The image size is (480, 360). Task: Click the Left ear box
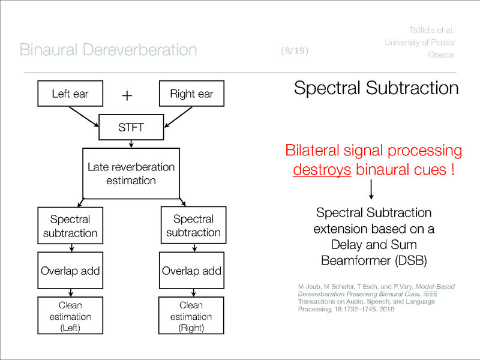(x=70, y=94)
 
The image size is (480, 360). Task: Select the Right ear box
(x=191, y=94)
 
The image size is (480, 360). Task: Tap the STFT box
(x=131, y=128)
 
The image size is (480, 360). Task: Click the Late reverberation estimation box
(x=131, y=173)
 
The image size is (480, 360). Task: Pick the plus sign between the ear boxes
(x=127, y=95)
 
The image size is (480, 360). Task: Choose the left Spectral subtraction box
(x=70, y=226)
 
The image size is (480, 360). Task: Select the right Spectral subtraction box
(x=193, y=226)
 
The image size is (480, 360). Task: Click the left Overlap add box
(x=70, y=271)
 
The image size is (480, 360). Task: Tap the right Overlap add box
(x=191, y=271)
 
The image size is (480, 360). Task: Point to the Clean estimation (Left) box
(x=70, y=316)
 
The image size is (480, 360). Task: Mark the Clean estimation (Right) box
(x=191, y=316)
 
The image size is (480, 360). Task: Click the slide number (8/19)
(x=294, y=51)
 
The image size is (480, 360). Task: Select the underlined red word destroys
(x=322, y=170)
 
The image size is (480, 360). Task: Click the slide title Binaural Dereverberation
(x=108, y=50)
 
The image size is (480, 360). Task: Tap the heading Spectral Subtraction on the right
(x=376, y=89)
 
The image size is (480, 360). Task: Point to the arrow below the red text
(x=372, y=190)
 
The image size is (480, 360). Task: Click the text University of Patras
(x=419, y=42)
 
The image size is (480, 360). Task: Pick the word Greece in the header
(x=441, y=55)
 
